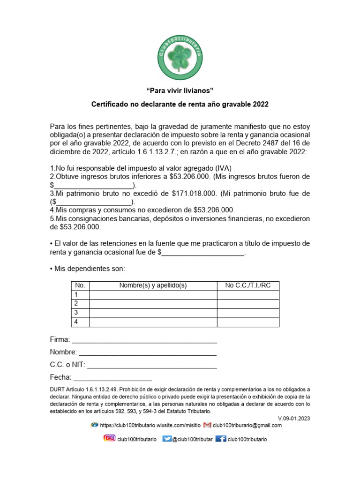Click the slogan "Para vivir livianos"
(180, 90)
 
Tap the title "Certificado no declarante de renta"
(180, 104)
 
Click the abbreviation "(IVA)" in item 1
(222, 168)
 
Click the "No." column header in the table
(80, 285)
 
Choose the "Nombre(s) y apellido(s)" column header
(153, 285)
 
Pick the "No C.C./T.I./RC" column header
(248, 285)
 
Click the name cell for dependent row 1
(153, 295)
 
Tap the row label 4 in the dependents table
(76, 322)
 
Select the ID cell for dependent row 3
(248, 313)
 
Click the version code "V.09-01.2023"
(294, 418)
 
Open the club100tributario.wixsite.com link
(150, 426)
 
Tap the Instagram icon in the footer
(109, 439)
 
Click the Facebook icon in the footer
(221, 439)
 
